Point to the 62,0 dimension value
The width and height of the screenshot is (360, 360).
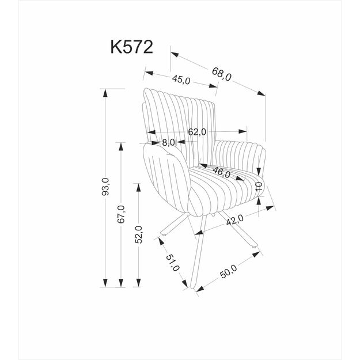click(x=197, y=132)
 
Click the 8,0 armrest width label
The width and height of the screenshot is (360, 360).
click(x=168, y=142)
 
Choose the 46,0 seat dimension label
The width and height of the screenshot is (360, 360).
click(x=221, y=172)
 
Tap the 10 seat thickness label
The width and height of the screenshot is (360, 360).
click(x=259, y=187)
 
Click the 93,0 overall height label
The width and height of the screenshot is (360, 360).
click(x=105, y=187)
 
